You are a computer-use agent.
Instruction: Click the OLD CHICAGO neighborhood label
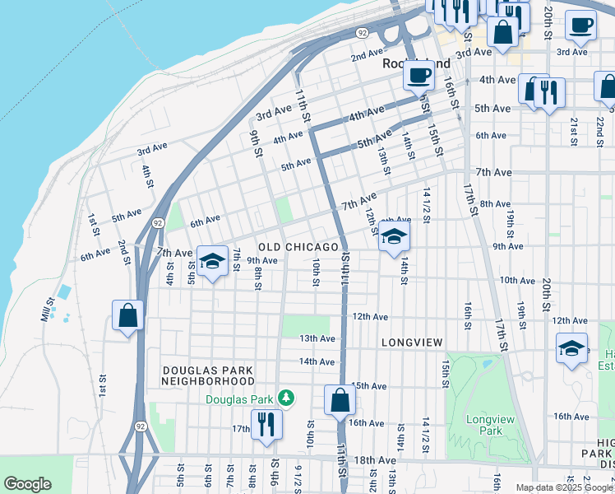click(x=298, y=247)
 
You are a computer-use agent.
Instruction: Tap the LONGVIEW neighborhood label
click(x=412, y=342)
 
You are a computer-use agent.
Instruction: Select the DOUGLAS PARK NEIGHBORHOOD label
click(x=208, y=376)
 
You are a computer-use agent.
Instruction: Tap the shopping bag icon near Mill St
click(x=128, y=315)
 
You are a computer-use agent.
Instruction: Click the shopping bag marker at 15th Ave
click(x=340, y=402)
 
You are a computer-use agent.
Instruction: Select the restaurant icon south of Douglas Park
click(x=266, y=425)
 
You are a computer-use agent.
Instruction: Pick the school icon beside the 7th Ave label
click(x=212, y=262)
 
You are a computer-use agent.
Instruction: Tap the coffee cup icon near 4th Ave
click(x=418, y=77)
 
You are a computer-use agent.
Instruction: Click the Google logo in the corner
click(x=27, y=484)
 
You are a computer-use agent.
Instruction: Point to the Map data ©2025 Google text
click(x=565, y=487)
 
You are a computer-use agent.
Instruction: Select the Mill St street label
click(x=50, y=310)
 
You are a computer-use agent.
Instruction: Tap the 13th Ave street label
click(x=317, y=338)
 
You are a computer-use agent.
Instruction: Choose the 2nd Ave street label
click(x=367, y=57)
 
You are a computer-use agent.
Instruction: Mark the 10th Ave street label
click(x=517, y=281)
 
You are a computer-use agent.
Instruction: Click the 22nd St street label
click(x=600, y=128)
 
